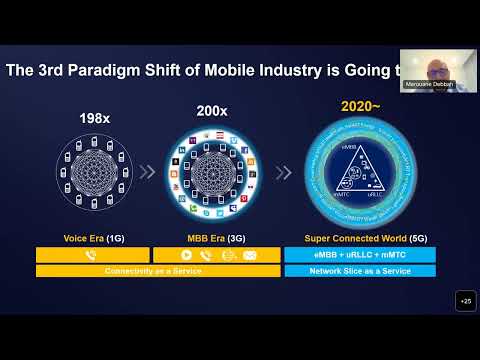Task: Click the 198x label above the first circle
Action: coord(94,118)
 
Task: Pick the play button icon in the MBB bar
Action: coord(185,255)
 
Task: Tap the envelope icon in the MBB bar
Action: coord(249,255)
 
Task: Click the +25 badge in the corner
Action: coord(465,301)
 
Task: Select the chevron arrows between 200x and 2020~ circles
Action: coord(284,172)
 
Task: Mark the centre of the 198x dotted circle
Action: coord(94,172)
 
